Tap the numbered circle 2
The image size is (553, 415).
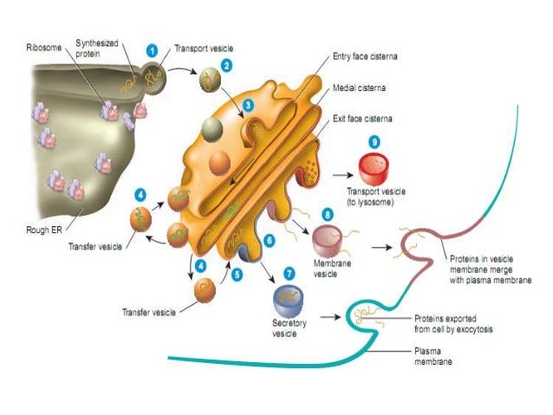click(x=226, y=63)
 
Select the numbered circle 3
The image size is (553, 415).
click(x=248, y=105)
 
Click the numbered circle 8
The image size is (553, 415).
click(x=328, y=213)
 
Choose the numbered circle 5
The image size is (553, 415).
click(x=237, y=274)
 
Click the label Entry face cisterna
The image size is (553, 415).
click(x=369, y=55)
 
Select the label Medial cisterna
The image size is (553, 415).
click(x=360, y=88)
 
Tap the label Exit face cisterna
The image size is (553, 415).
click(x=366, y=117)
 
